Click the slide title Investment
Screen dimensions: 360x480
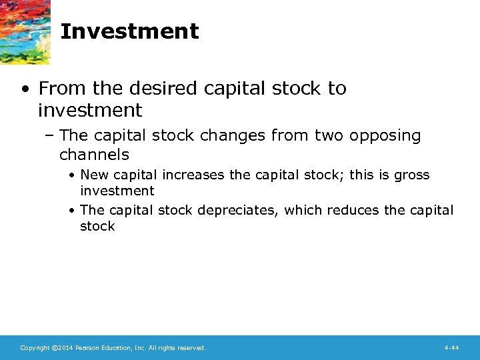coord(129,31)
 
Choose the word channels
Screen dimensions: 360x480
coord(94,155)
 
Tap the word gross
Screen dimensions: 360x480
coord(413,175)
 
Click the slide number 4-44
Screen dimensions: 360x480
coord(451,348)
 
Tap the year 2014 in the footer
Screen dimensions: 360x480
coord(64,348)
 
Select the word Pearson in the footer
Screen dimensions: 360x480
coord(88,348)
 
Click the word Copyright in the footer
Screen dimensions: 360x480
coord(34,348)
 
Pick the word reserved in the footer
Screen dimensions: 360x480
coord(191,348)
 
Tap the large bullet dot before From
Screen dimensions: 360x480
coord(25,89)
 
